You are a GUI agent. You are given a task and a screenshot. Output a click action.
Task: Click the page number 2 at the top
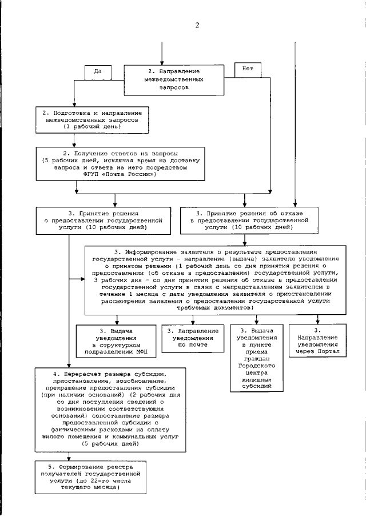pos(197,25)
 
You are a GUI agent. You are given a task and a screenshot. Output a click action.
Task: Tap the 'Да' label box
pos(97,72)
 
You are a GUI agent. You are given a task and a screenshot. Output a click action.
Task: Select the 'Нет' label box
pos(248,69)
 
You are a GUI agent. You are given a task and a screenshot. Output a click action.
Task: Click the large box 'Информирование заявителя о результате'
pos(215,279)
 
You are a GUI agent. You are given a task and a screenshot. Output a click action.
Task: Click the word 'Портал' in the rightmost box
pos(331,352)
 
